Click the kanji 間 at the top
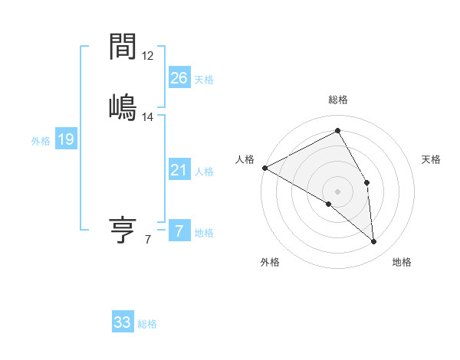pos(123,47)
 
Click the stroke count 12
pos(147,56)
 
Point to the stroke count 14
pos(147,116)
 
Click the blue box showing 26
pos(179,78)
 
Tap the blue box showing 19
pos(65,139)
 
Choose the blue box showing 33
pos(123,322)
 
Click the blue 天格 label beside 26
pos(204,80)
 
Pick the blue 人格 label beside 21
pos(204,172)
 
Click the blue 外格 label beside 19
pos(41,140)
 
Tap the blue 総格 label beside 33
pos(147,324)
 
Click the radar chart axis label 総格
pos(338,100)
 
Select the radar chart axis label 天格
pos(431,159)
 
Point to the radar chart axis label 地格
pos(402,262)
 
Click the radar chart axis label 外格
pos(270,262)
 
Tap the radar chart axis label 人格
pos(245,159)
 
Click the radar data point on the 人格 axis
pos(264,167)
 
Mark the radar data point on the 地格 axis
pos(373,241)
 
